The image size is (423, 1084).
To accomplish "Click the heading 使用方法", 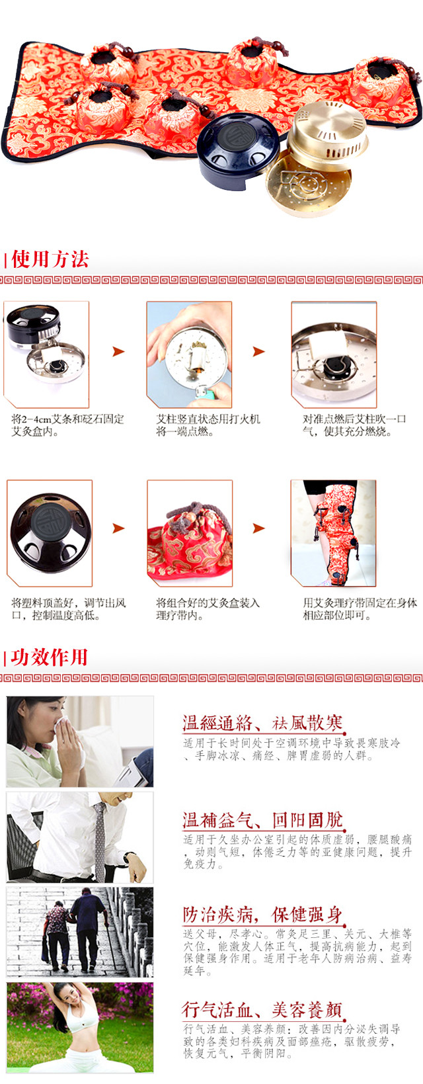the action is (x=50, y=259).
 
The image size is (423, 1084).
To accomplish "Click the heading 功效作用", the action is (x=50, y=657).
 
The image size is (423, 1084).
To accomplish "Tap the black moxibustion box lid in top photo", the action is (x=239, y=143).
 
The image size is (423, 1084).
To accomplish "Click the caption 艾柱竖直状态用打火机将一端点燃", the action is (x=208, y=425).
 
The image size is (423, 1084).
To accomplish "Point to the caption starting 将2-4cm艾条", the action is (x=67, y=425).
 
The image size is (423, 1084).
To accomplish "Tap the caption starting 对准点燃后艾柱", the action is (x=354, y=425).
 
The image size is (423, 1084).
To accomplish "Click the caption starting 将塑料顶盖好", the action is (x=69, y=608).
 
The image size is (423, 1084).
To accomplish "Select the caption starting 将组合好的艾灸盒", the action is (x=208, y=608).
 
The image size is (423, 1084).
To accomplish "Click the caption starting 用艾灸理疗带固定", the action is (x=360, y=608).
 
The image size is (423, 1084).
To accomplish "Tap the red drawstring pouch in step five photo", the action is (x=190, y=542).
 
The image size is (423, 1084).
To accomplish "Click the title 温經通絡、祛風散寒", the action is (x=262, y=723).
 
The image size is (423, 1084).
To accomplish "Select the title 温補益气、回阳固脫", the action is (x=262, y=819).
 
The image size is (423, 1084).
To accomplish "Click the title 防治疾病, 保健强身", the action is (x=262, y=915).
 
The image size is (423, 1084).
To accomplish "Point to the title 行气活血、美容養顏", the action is (x=262, y=1009).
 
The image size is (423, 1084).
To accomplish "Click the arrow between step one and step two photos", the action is (x=118, y=352).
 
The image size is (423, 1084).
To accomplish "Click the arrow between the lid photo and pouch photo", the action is (x=118, y=528).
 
